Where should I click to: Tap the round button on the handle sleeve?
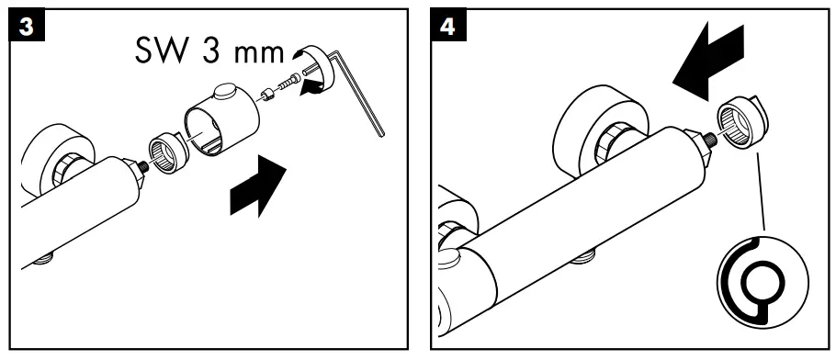224,92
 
